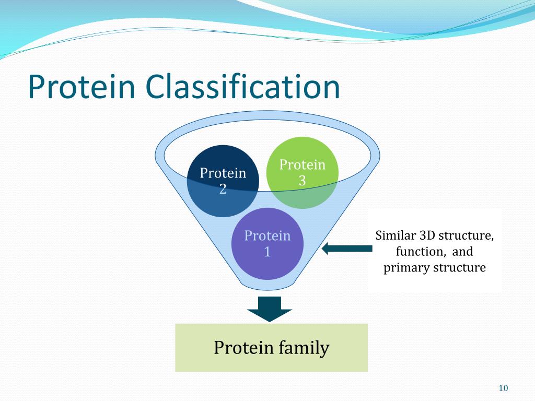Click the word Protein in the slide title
[x=82, y=87]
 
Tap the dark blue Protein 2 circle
[x=223, y=181]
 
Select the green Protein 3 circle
[x=303, y=172]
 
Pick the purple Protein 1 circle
[x=267, y=244]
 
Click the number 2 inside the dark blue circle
[x=223, y=189]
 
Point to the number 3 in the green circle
[x=303, y=181]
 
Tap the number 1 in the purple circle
[x=267, y=252]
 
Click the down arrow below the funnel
[x=270, y=309]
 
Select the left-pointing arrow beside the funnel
[x=347, y=248]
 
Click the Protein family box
[x=271, y=347]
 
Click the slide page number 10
[x=503, y=388]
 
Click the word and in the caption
[x=463, y=252]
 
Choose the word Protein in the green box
[x=244, y=347]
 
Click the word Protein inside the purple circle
[x=267, y=235]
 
